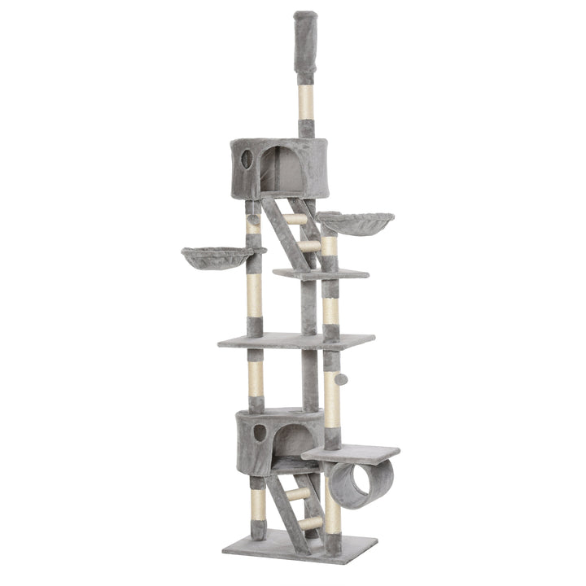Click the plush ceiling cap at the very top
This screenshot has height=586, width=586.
(x=306, y=45)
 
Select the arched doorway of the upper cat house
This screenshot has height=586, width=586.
(x=280, y=169)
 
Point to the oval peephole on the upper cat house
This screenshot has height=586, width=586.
(x=247, y=159)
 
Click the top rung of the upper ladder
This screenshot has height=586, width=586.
(x=294, y=219)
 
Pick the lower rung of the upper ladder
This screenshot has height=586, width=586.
(x=308, y=245)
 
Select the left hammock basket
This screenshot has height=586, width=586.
(x=217, y=256)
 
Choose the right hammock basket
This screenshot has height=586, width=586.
(x=354, y=222)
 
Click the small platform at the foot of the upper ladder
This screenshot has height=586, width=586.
(x=321, y=274)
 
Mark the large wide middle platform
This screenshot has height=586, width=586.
(x=296, y=340)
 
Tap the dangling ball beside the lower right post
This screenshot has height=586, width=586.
(x=342, y=379)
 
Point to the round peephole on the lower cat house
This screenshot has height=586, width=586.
(x=259, y=432)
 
